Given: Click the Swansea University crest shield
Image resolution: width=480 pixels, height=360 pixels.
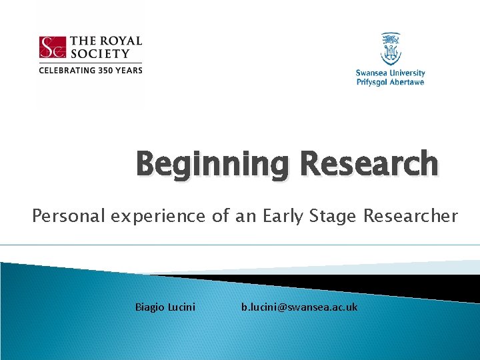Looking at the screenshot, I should pos(391,49).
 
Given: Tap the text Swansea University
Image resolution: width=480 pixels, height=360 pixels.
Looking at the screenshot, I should pos(391,73).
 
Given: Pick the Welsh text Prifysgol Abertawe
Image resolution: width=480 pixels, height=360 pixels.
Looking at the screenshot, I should pos(391,82).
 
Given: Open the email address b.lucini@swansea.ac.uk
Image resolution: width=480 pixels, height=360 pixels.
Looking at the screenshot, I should pos(299,307).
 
